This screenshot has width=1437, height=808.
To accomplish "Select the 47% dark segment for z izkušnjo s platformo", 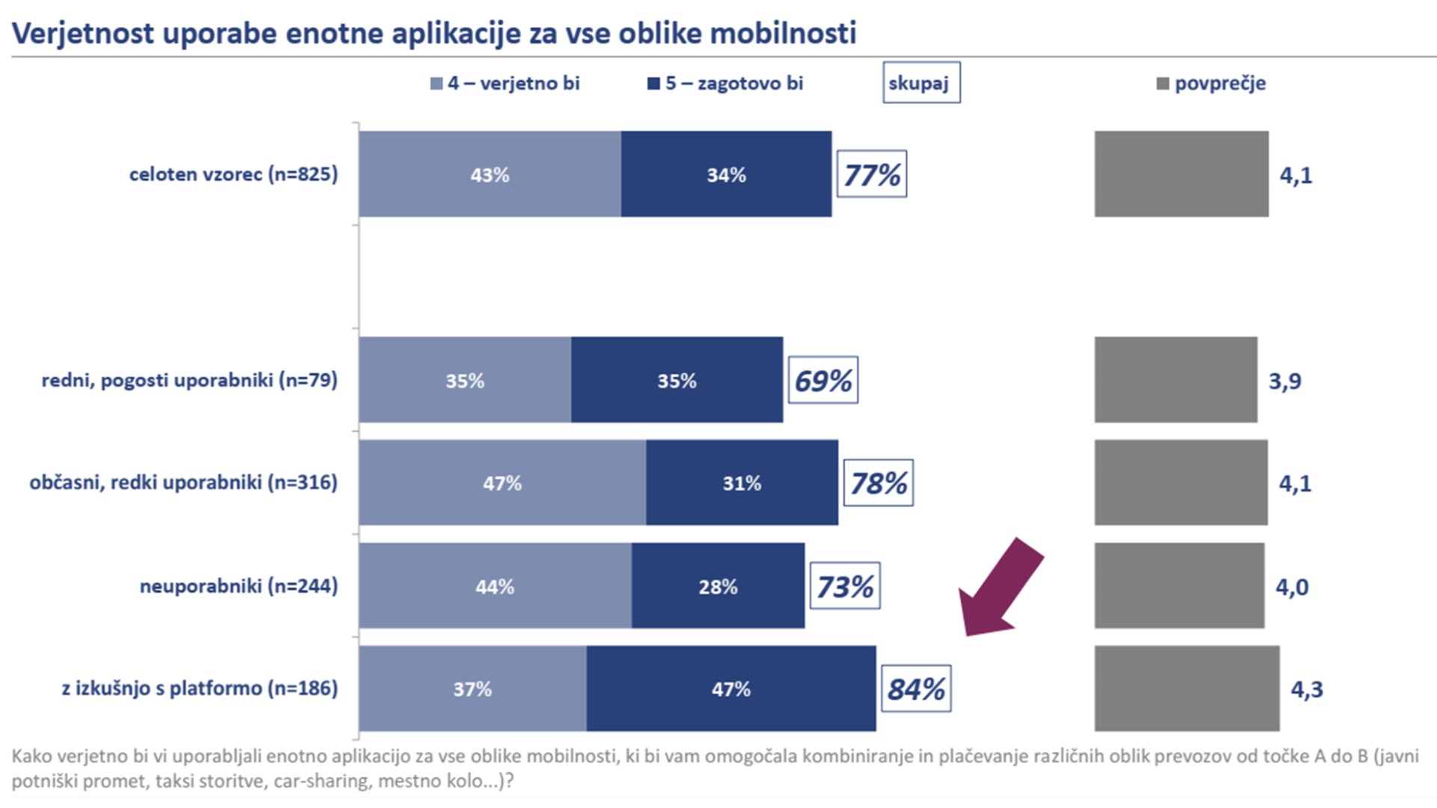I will click(730, 688).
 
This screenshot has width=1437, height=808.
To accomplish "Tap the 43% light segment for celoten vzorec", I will click(489, 174).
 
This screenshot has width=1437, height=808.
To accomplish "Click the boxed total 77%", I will click(871, 174).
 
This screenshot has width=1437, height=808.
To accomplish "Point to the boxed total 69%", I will click(823, 380).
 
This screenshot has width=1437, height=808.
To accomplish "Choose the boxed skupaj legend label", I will click(921, 83).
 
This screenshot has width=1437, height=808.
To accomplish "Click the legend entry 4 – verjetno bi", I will click(505, 83).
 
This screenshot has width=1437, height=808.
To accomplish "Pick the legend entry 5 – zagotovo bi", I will click(725, 83).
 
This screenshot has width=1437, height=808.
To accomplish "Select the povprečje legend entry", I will click(1212, 83).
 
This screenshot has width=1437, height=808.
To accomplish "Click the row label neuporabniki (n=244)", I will click(239, 586).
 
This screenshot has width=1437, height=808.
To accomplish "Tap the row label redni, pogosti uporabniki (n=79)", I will click(189, 380).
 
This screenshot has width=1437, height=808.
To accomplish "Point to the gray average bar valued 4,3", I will click(1186, 688).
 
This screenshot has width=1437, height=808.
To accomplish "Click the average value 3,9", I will click(1284, 381).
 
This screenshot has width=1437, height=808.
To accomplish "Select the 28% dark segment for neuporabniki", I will click(718, 586).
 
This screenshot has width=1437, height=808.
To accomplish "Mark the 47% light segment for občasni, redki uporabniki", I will click(501, 483).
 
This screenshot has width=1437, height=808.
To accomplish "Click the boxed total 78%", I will click(878, 483).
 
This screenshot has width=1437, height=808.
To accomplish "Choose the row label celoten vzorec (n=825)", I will click(234, 174).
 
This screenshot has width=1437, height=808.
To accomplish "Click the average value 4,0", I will click(1292, 587).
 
